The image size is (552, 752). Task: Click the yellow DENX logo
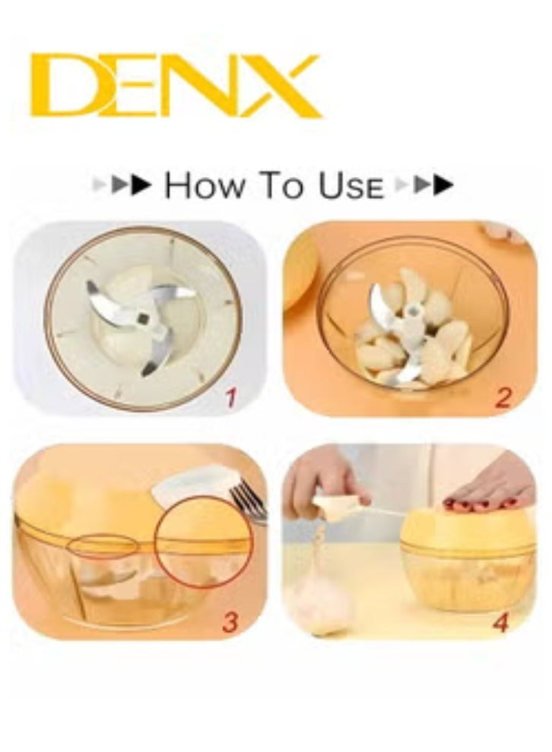[176, 85]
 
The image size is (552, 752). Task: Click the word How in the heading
[200, 186]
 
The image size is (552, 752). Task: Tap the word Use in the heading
[351, 186]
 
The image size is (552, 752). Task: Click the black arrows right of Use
[434, 185]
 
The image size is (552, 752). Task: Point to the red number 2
[503, 398]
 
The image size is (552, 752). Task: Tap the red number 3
[230, 621]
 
